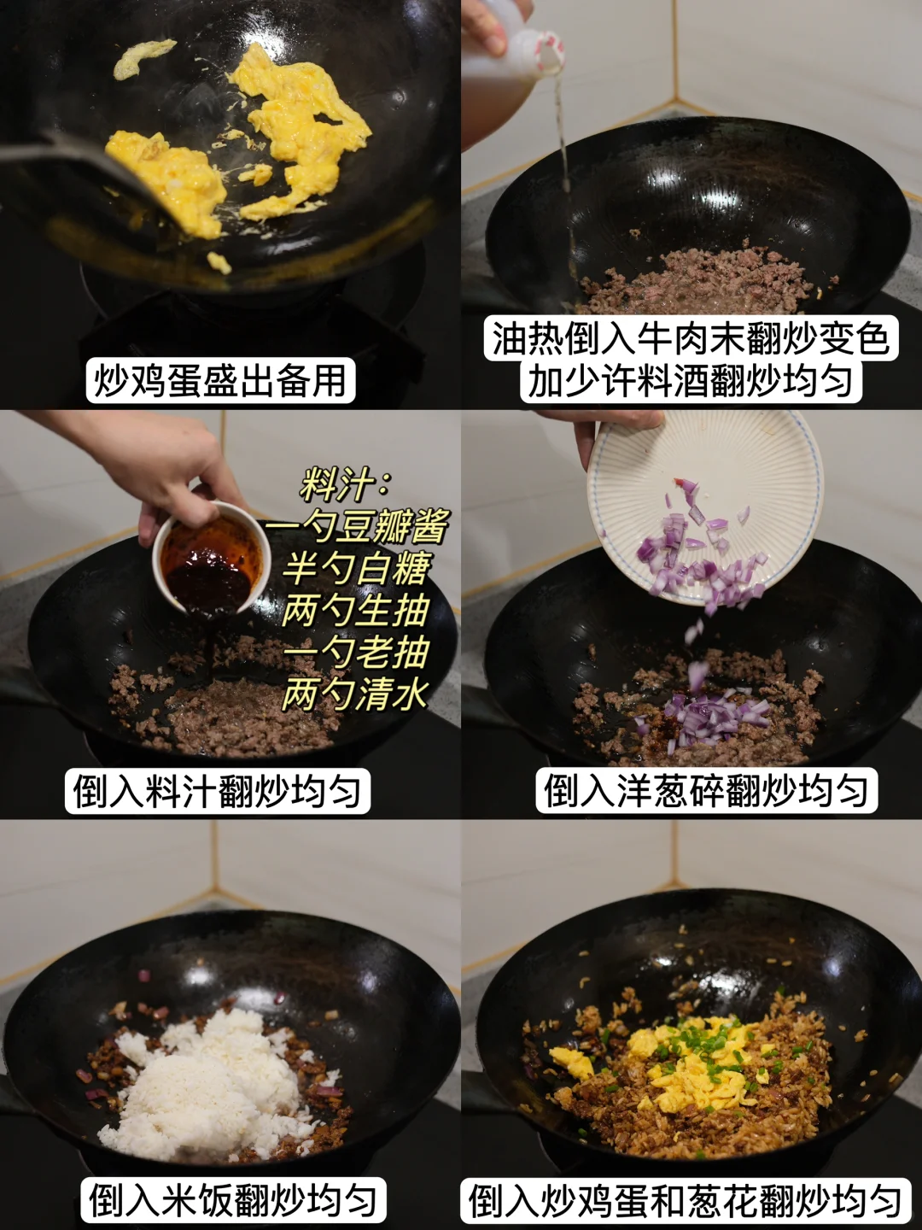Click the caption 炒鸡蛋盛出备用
pyautogui.click(x=220, y=380)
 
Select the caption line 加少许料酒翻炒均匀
pyautogui.click(x=691, y=380)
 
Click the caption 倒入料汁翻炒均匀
pyautogui.click(x=217, y=791)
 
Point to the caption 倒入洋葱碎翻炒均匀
pyautogui.click(x=706, y=790)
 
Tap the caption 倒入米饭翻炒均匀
pyautogui.click(x=233, y=1200)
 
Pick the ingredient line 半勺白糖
pyautogui.click(x=357, y=568)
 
